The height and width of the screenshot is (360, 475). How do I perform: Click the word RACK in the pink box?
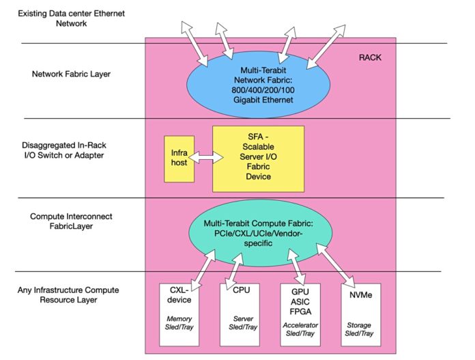(370, 58)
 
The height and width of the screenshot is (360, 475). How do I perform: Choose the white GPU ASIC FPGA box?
(300, 315)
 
